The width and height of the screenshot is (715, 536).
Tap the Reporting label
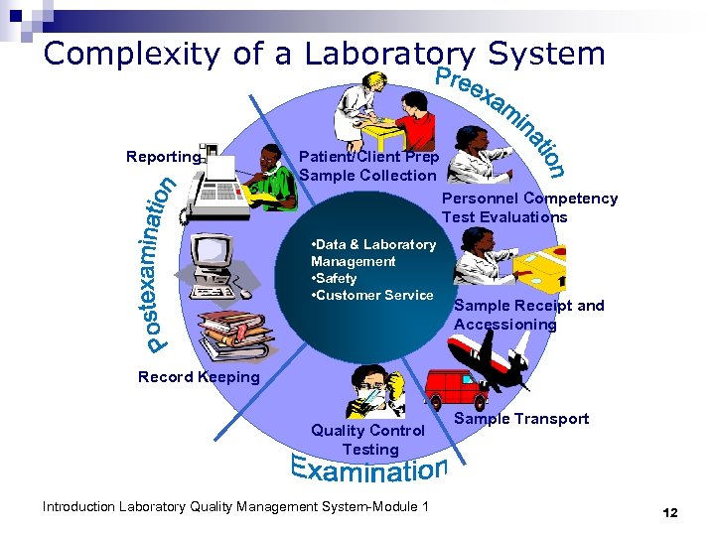pyautogui.click(x=163, y=157)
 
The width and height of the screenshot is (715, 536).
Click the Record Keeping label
pyautogui.click(x=199, y=377)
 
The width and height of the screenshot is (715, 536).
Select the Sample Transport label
pyautogui.click(x=521, y=419)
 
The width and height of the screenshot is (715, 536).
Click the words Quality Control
pyautogui.click(x=367, y=431)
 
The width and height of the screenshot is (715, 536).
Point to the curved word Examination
pyautogui.click(x=369, y=469)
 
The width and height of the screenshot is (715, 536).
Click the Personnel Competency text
pyautogui.click(x=529, y=199)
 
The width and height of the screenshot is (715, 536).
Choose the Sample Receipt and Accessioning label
pyautogui.click(x=528, y=315)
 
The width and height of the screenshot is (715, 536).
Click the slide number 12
pyautogui.click(x=669, y=512)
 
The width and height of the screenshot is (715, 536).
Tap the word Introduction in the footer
pyautogui.click(x=80, y=507)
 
